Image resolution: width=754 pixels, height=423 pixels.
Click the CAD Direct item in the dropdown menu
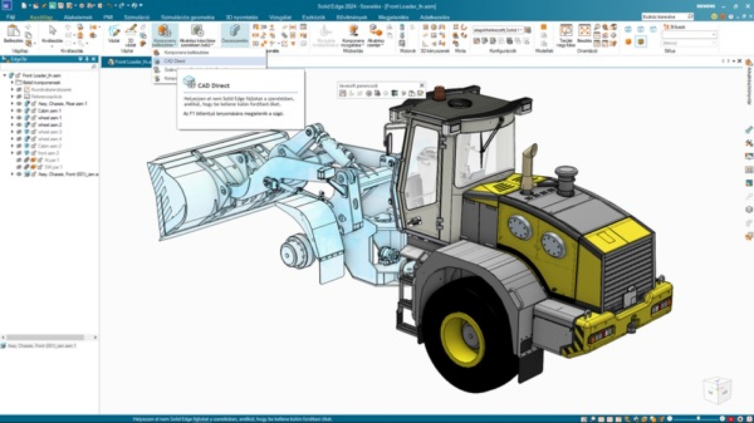(175, 61)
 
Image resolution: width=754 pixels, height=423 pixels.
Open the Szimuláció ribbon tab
(136, 17)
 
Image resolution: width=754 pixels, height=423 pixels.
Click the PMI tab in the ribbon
(108, 17)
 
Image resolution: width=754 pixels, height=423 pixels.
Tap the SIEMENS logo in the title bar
(706, 6)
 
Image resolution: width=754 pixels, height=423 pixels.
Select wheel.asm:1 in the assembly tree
(50, 118)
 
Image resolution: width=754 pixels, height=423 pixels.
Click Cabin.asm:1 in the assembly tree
(49, 111)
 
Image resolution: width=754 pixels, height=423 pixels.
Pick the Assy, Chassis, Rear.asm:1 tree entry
(63, 104)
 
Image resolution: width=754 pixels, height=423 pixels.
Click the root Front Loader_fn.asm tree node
(41, 75)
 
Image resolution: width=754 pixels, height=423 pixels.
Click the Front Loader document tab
(130, 62)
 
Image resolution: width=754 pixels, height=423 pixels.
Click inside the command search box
(664, 16)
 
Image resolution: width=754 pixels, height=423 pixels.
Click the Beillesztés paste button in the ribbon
(13, 34)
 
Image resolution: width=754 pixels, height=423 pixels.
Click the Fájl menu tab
(10, 17)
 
